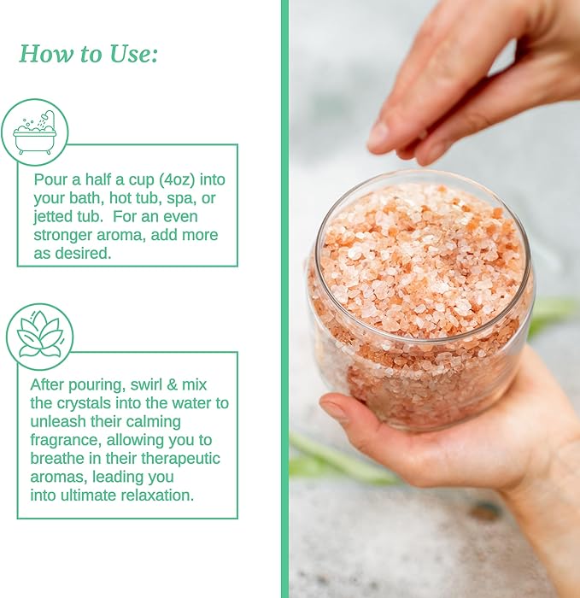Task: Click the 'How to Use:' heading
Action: pyautogui.click(x=89, y=54)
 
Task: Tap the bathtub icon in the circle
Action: pyautogui.click(x=35, y=132)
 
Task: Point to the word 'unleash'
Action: pyautogui.click(x=59, y=422)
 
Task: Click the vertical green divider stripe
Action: pyautogui.click(x=284, y=299)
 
